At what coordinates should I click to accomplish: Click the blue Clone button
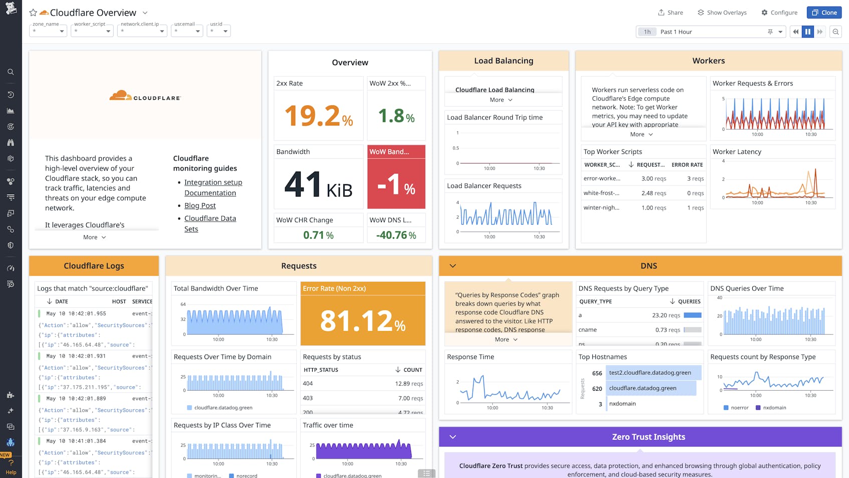[824, 13]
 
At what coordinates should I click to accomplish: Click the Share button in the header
[670, 13]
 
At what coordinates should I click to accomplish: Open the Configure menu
[779, 13]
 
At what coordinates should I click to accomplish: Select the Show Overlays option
[722, 13]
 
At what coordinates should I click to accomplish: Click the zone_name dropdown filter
[48, 31]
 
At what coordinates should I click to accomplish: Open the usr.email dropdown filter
[187, 31]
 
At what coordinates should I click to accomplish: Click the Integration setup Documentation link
[213, 188]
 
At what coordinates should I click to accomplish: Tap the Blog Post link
[200, 206]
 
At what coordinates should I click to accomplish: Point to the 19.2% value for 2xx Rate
[318, 116]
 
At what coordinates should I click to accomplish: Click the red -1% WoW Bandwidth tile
[396, 184]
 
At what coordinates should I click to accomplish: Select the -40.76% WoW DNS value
[396, 235]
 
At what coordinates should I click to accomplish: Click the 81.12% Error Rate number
[362, 321]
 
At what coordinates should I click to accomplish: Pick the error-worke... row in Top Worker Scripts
[602, 179]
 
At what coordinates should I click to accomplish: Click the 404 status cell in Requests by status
[308, 384]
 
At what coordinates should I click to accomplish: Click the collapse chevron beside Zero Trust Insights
[453, 437]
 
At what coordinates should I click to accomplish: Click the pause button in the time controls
[807, 32]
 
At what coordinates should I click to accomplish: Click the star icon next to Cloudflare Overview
[33, 13]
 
